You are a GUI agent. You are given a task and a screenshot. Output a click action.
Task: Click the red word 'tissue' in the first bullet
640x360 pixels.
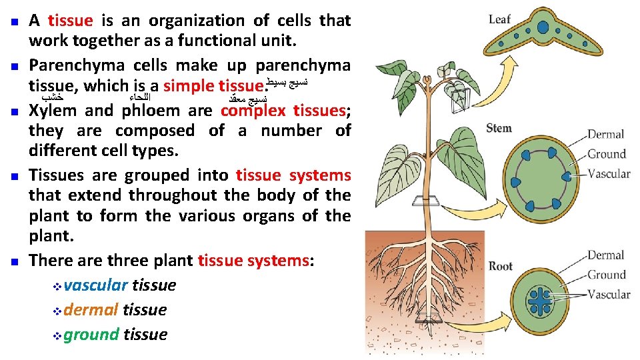point(71,21)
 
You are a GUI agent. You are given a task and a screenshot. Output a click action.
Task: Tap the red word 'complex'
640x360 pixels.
point(253,111)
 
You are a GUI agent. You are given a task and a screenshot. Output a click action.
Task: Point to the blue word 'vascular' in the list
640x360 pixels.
point(96,285)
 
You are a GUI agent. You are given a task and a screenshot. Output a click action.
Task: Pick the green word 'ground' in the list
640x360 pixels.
point(91,335)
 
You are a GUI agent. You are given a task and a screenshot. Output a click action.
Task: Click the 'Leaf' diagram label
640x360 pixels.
point(499,19)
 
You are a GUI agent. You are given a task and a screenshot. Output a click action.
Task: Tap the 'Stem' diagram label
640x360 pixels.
point(499,128)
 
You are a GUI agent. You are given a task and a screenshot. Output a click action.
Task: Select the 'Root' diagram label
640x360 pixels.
point(500,266)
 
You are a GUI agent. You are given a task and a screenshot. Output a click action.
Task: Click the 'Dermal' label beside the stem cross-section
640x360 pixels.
point(605,135)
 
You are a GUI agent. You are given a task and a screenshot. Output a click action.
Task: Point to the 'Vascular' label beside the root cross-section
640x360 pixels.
point(608,294)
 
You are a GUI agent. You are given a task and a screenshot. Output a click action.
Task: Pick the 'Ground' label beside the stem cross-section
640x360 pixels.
point(606,154)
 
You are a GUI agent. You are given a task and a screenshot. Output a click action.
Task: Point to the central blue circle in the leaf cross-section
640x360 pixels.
point(543,28)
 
